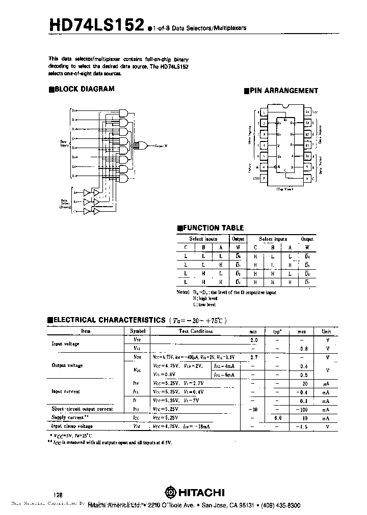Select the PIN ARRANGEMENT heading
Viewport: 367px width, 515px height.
283,91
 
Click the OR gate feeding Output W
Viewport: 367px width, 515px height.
144,146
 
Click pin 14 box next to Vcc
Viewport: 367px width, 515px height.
307,111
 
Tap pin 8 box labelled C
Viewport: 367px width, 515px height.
307,179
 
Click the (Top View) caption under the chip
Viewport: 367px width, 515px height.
285,189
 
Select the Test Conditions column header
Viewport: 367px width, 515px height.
196,331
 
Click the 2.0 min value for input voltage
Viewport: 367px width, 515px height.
254,339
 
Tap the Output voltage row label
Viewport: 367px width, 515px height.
68,365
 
